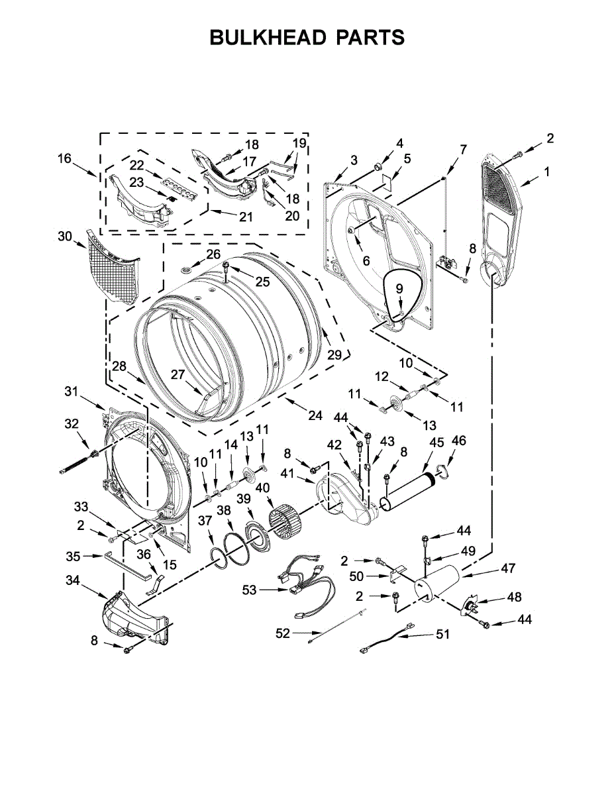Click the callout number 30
click(x=64, y=236)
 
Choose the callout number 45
click(x=436, y=442)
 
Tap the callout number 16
click(x=64, y=158)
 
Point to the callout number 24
click(x=315, y=416)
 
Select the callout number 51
click(x=442, y=634)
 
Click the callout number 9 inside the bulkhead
click(x=399, y=288)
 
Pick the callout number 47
click(x=508, y=568)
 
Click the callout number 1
click(x=546, y=172)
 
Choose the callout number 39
click(x=244, y=498)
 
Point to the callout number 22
click(x=136, y=164)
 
